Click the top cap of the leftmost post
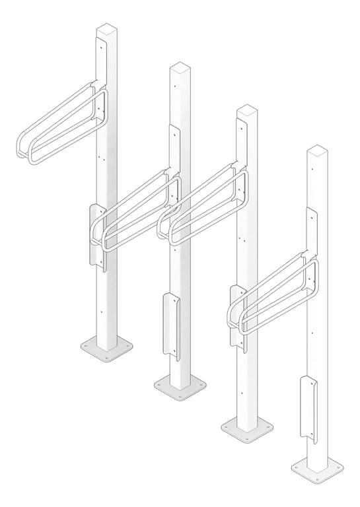106,29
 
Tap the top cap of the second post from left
180,67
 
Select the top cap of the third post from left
247,110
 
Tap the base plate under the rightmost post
318,468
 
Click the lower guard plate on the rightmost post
308,406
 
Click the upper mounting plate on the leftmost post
101,63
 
